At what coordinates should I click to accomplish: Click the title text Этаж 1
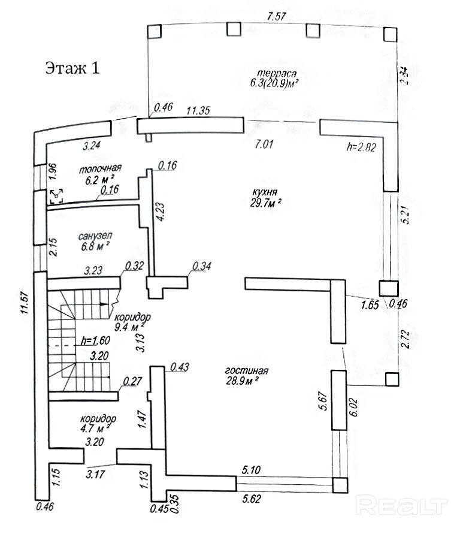(72, 68)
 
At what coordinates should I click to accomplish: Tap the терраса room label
(277, 73)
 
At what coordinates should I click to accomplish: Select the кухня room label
(265, 192)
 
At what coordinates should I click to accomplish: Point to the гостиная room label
(247, 370)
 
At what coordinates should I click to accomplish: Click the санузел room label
(95, 236)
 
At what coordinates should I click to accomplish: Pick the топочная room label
(100, 169)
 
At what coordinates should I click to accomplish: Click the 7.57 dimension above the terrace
(277, 16)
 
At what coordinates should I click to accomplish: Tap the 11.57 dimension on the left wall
(24, 303)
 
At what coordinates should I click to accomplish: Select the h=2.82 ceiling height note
(361, 147)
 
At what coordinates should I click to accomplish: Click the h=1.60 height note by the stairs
(96, 340)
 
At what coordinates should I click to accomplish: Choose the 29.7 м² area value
(265, 203)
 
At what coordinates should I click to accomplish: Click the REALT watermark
(401, 505)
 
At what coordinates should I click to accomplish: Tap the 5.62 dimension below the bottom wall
(252, 499)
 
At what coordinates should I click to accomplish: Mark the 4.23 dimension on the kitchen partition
(161, 212)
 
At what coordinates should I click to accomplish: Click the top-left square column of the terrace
(154, 31)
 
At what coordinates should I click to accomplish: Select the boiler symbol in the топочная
(57, 195)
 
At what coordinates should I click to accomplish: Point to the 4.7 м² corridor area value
(96, 429)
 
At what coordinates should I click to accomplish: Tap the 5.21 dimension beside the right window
(406, 215)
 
